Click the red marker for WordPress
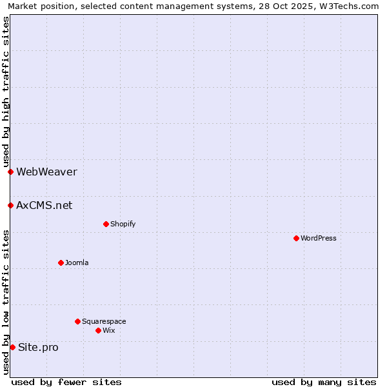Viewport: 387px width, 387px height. click(296, 238)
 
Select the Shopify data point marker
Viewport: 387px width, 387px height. click(106, 224)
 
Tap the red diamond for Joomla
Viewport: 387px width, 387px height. click(61, 263)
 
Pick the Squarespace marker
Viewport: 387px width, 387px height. click(77, 321)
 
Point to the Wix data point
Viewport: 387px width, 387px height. click(98, 330)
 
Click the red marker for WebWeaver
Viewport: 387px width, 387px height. click(10, 172)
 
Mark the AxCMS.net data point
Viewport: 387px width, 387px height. click(10, 205)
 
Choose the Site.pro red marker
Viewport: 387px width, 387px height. click(12, 347)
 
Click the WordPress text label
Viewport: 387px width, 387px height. click(319, 238)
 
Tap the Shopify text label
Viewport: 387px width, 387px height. click(123, 224)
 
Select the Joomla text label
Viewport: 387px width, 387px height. click(77, 263)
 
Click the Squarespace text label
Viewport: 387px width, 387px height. click(104, 321)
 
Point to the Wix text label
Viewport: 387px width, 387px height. click(108, 330)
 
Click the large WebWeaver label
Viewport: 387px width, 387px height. click(46, 172)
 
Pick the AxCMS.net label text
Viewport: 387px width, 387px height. click(44, 205)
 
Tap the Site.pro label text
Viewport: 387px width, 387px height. click(38, 347)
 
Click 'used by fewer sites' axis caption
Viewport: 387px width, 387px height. click(66, 382)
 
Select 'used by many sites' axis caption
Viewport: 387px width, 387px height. click(324, 382)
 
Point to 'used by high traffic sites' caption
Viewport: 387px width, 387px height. click(6, 91)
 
